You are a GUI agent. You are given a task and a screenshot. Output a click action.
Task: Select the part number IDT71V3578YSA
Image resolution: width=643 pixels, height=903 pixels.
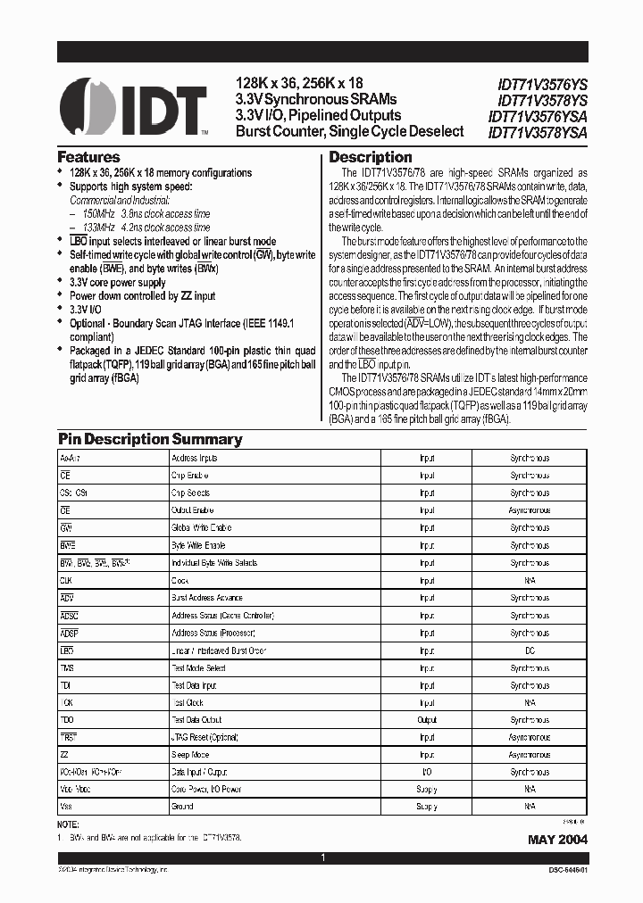[x=538, y=132]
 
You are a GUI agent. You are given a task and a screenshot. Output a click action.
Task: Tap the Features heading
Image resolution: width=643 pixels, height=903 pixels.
[x=88, y=156]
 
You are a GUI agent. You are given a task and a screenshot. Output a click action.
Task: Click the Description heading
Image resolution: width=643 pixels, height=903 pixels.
[x=371, y=157]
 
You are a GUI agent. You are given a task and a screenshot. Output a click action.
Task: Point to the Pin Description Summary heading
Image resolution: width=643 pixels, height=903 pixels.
[x=150, y=439]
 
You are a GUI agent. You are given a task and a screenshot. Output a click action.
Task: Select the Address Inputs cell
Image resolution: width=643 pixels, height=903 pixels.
[x=194, y=458]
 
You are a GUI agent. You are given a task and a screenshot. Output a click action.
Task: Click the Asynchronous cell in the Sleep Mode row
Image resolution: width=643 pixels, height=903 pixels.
[x=530, y=755]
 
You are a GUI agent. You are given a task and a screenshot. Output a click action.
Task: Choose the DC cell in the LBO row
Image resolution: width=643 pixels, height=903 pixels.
[x=530, y=650]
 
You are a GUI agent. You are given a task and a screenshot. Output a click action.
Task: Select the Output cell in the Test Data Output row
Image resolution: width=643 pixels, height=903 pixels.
[x=427, y=720]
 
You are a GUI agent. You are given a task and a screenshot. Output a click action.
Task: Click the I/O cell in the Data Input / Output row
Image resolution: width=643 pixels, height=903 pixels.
[x=427, y=773]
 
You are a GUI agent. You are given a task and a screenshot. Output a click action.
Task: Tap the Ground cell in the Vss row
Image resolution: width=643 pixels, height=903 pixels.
[x=182, y=807]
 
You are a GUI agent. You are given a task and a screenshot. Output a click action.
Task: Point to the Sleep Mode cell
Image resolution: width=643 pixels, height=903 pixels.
[x=191, y=755]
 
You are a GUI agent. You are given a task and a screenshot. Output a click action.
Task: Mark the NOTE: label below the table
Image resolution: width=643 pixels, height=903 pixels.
[x=69, y=826]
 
